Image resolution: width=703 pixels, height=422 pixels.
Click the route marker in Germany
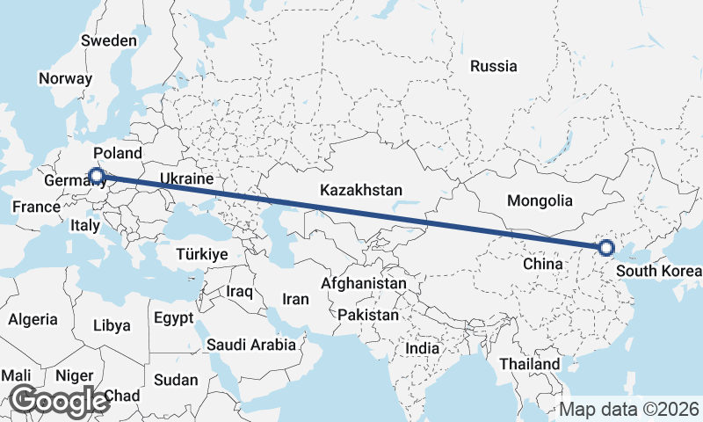click(97, 176)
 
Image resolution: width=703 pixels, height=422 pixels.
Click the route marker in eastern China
click(605, 249)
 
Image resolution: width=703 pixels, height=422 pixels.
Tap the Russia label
click(493, 66)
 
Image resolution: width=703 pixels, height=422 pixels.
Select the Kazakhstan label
click(360, 190)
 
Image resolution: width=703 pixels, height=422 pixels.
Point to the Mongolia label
click(540, 200)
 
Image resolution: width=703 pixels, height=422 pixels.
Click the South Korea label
click(659, 270)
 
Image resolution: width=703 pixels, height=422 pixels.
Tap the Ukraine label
click(186, 178)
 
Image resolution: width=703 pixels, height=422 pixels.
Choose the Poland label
click(117, 153)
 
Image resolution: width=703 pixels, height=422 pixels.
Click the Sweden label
click(108, 40)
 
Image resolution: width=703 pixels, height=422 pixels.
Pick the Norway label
click(65, 78)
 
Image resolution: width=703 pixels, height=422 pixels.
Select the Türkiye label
click(202, 253)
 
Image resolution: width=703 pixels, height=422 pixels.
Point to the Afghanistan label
click(364, 284)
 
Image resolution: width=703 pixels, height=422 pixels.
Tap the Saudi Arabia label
click(251, 345)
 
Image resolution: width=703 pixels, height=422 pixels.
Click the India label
click(422, 348)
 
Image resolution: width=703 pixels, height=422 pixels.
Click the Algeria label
click(33, 320)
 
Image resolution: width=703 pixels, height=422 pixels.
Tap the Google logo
click(58, 400)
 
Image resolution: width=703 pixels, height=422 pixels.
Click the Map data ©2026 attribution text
click(629, 409)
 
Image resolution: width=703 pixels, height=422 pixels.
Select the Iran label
click(295, 299)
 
